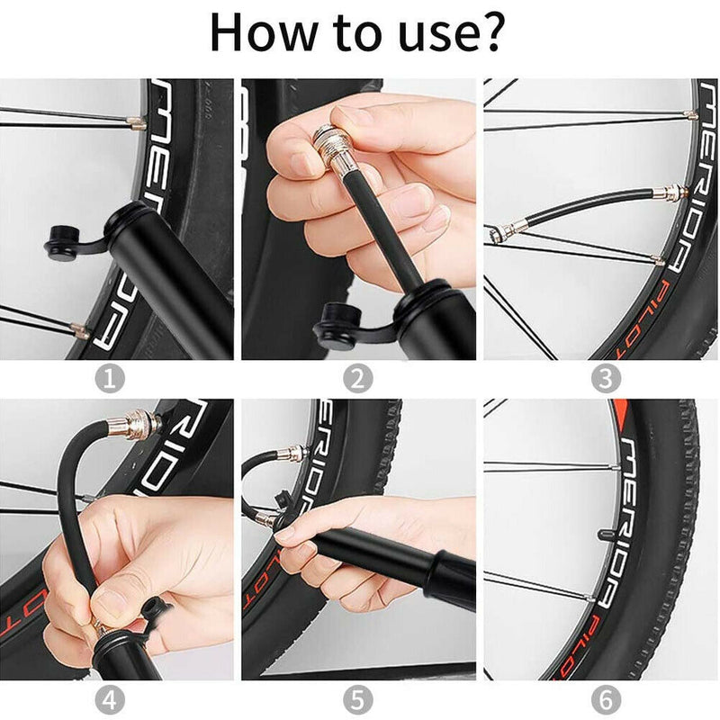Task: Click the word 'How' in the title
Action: point(262,34)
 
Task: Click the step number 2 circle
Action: point(357,378)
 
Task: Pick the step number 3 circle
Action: point(606,378)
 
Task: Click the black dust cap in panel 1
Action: point(63,244)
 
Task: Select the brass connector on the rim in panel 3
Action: point(670,192)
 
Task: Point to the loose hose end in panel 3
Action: point(500,235)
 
